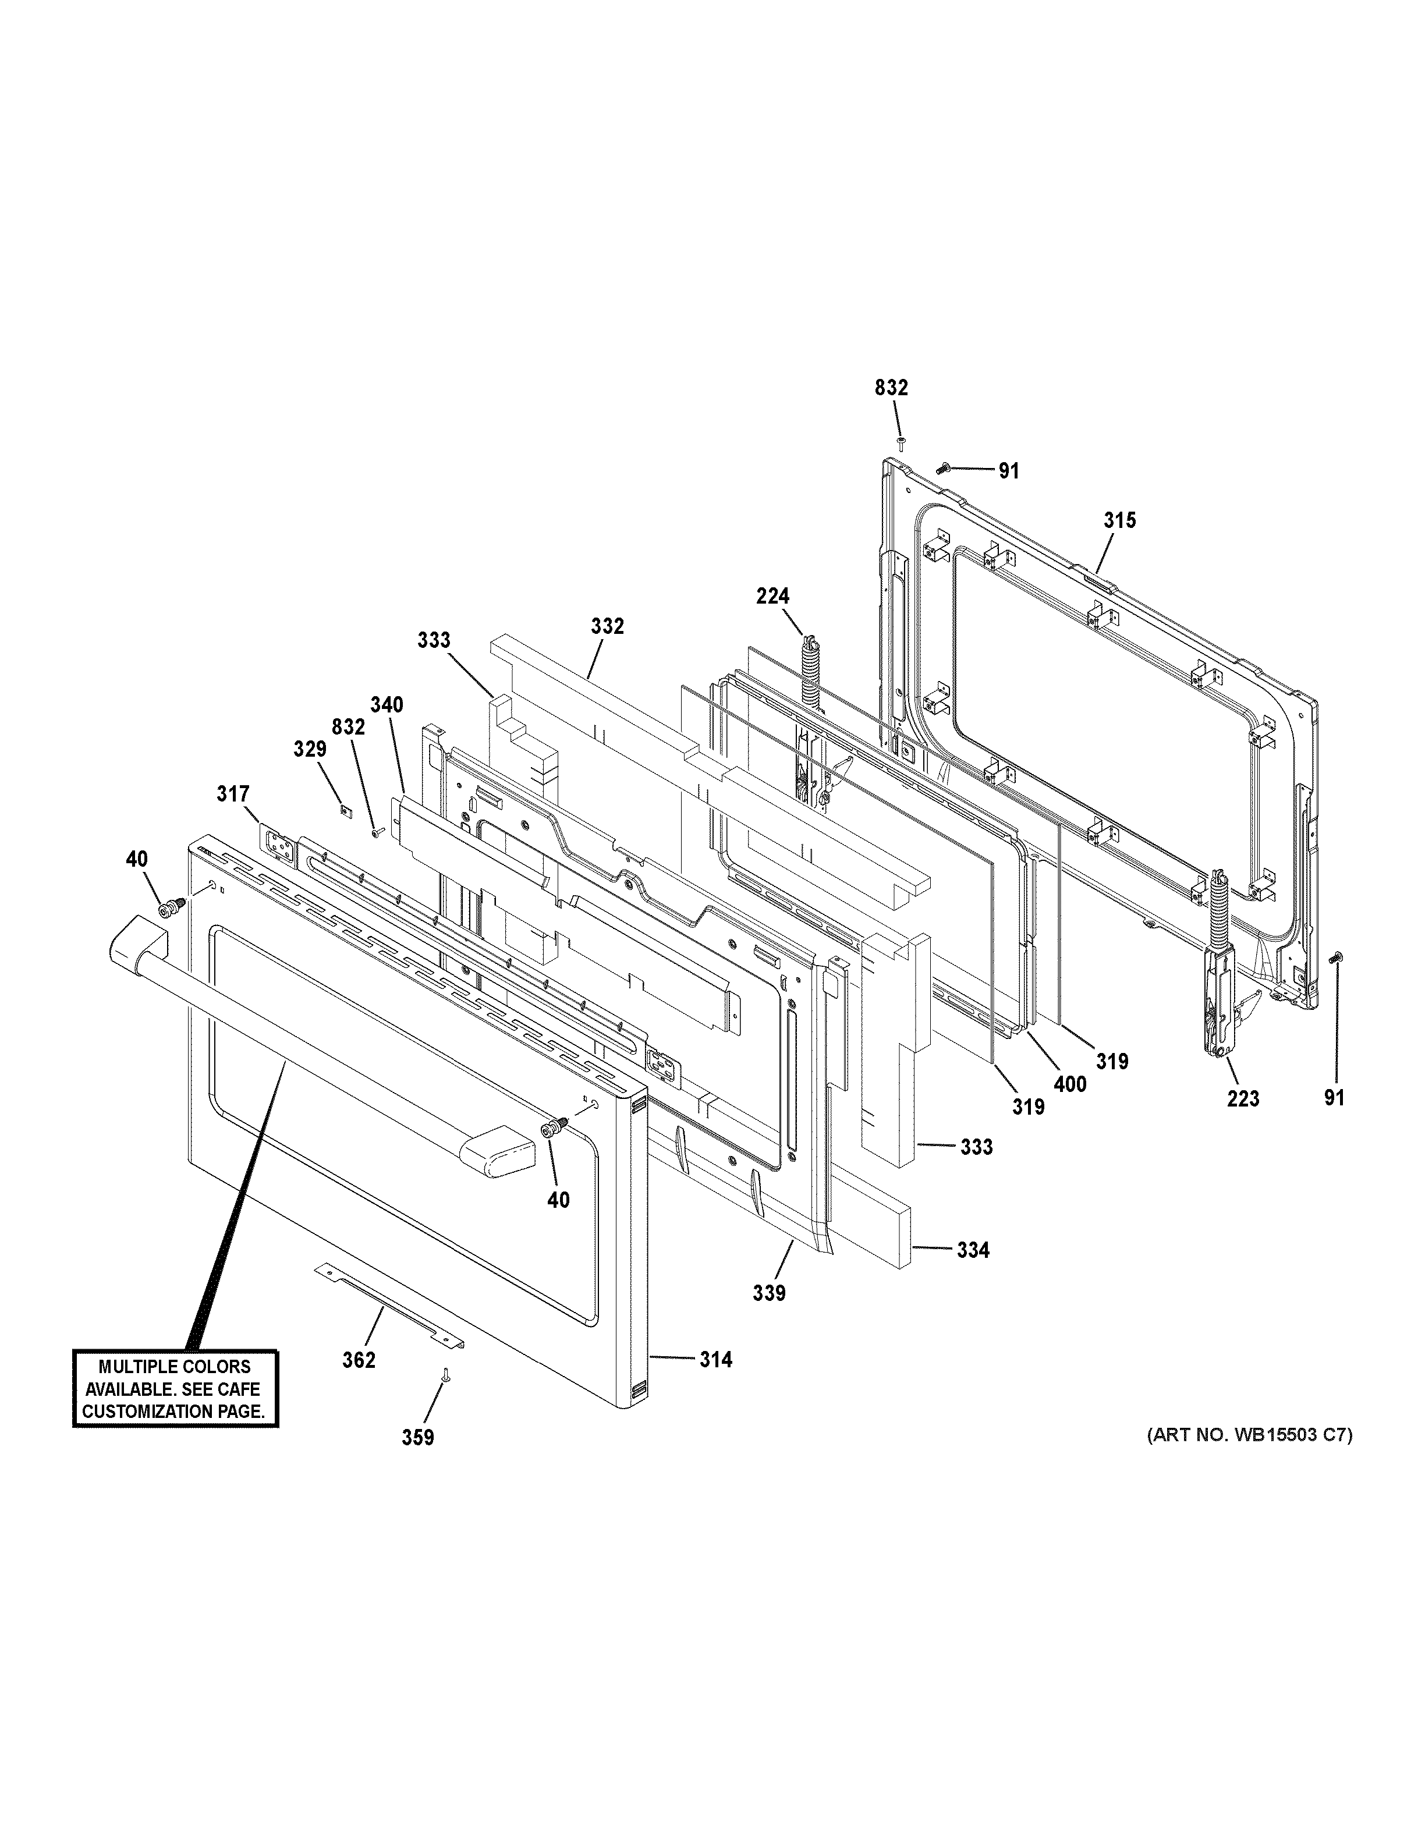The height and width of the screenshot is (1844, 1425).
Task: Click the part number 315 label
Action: point(1119,521)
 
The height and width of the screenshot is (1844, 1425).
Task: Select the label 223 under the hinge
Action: point(1243,1098)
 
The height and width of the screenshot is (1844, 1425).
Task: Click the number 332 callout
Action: point(607,626)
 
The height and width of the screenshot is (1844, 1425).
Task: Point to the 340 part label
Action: point(387,705)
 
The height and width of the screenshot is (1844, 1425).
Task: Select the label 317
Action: point(233,794)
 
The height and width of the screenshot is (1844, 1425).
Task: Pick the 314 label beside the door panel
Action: point(715,1359)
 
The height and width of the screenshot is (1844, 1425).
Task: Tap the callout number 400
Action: point(1069,1084)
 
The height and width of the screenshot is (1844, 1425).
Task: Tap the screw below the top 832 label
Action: point(901,442)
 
